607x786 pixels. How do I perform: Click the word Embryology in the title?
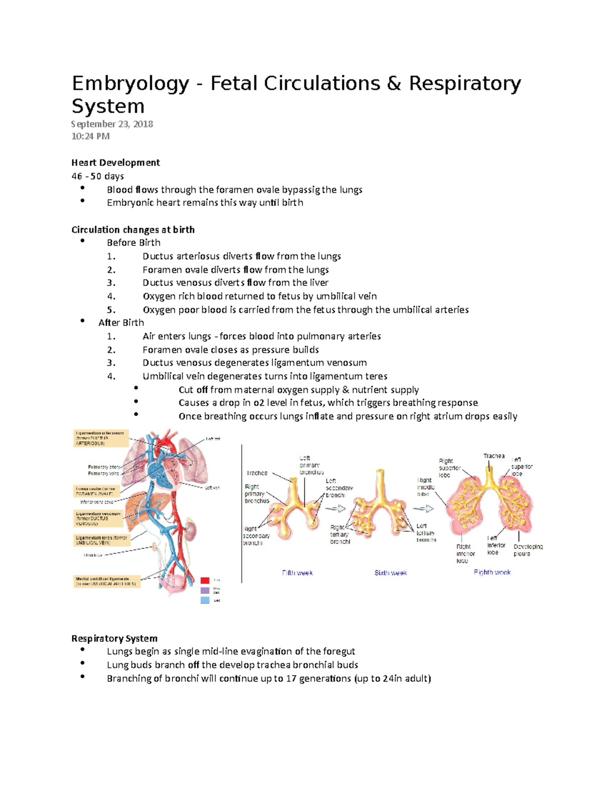pos(130,84)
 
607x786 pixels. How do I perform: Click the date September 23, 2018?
pos(112,124)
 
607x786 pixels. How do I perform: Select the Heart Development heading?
pos(115,162)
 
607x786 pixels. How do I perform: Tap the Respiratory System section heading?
pos(114,638)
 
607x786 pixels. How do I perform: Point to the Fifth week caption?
pos(297,573)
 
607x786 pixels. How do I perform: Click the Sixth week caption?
pos(391,573)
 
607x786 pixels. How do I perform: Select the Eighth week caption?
pos(492,572)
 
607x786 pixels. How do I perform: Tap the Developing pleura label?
pos(528,550)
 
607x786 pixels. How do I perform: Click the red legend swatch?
pos(205,580)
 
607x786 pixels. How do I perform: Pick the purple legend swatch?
pos(205,590)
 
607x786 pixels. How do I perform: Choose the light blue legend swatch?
pos(205,600)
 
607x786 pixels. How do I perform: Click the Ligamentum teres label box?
pos(101,540)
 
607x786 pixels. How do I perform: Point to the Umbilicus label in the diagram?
pos(93,555)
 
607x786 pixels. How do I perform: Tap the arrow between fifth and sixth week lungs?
pos(339,509)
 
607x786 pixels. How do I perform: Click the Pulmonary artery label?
pos(104,467)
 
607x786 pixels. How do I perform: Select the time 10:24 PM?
pos(91,136)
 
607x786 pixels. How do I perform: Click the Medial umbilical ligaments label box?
pos(106,581)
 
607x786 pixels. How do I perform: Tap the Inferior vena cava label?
pos(97,502)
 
